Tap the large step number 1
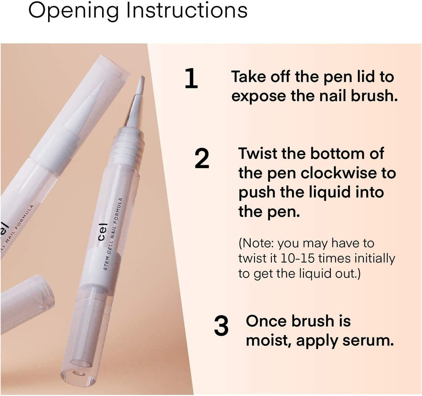(191, 78)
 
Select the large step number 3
(221, 326)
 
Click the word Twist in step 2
(258, 153)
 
